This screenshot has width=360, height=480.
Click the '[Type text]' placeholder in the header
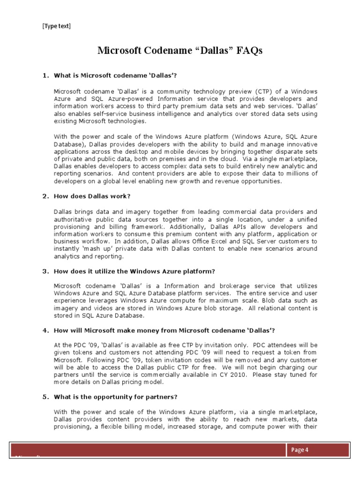tap(57, 26)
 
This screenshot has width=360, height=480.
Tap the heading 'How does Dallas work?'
tap(92, 196)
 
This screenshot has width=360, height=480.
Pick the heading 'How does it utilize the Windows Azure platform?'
tap(135, 271)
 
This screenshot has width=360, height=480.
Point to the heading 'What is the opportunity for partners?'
tap(116, 397)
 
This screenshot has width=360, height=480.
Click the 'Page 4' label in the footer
tap(300, 450)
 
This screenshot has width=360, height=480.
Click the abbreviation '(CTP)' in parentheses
tap(264, 91)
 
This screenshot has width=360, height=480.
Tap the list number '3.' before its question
tap(45, 271)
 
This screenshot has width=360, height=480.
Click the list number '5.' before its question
tap(45, 397)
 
